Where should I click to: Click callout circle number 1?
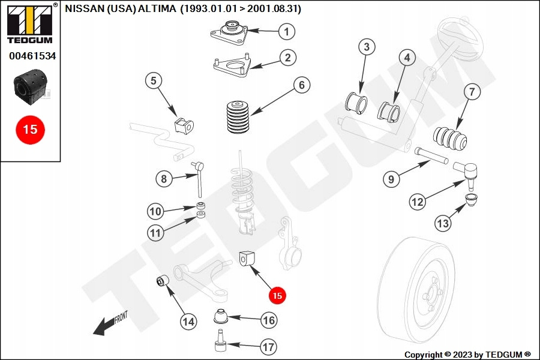[286, 31]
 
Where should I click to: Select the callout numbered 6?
[302, 85]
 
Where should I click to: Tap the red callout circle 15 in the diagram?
[277, 295]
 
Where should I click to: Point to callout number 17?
[268, 347]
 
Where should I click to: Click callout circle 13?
[442, 224]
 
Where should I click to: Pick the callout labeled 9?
[390, 178]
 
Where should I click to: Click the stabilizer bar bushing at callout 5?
[183, 125]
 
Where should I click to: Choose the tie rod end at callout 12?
[465, 172]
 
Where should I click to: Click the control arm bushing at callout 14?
[162, 281]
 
